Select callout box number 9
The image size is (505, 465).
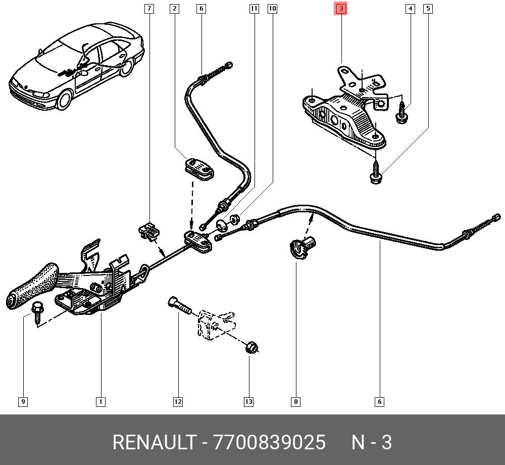(23, 402)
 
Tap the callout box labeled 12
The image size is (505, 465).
(178, 402)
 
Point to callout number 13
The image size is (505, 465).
(248, 402)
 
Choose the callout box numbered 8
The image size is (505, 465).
(295, 402)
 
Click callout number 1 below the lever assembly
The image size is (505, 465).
(100, 402)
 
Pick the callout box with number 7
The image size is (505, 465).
(149, 9)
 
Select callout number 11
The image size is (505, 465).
(254, 9)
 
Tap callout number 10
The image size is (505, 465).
(272, 9)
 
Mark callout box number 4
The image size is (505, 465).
(410, 9)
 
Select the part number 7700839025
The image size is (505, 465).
(270, 442)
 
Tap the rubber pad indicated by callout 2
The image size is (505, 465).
(197, 168)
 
